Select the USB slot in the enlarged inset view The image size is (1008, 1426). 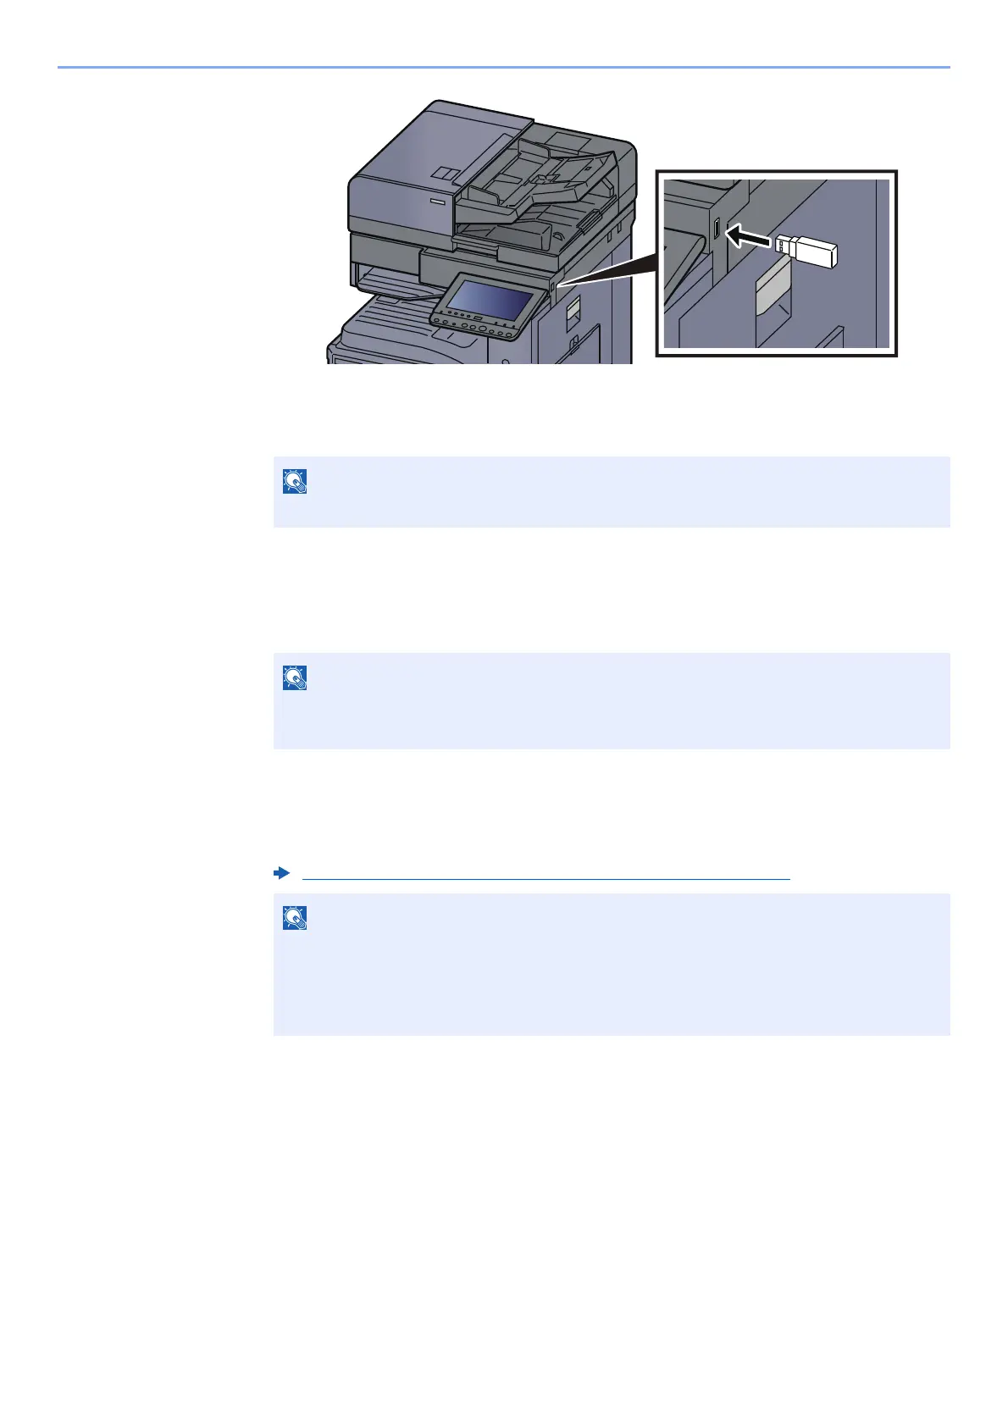click(717, 229)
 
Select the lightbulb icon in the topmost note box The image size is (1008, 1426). click(295, 481)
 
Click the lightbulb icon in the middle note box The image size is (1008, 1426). click(295, 677)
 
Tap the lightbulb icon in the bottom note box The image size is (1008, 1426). click(295, 918)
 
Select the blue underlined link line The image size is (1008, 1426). click(546, 879)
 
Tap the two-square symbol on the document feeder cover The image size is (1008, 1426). click(446, 174)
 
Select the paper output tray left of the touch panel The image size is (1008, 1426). click(390, 285)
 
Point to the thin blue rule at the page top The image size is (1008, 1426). click(503, 66)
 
